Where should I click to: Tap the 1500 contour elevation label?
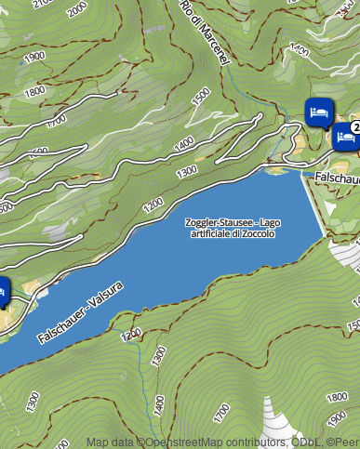[200, 97]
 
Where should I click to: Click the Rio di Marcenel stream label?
[206, 33]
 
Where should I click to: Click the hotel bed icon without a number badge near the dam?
[318, 111]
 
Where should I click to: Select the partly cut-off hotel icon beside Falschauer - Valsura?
[3, 292]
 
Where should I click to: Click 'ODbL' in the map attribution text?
[306, 442]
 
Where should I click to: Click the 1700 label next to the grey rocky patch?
[222, 410]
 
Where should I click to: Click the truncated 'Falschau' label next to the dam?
[337, 177]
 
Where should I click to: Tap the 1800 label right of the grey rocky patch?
[338, 399]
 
